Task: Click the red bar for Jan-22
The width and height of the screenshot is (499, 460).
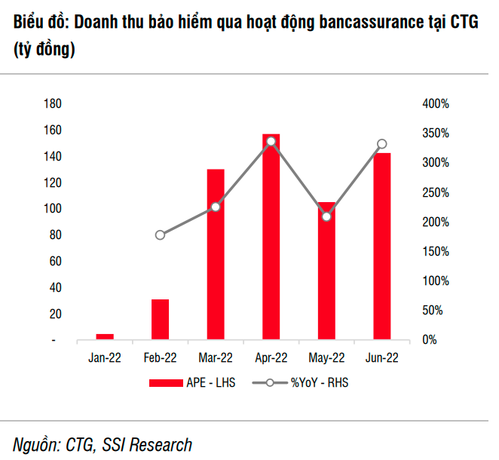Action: [x=105, y=337]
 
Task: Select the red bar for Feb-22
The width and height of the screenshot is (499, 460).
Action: [x=160, y=320]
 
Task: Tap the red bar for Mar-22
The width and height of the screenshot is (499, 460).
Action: [x=216, y=255]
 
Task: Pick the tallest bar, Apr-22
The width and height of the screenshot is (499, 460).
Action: [x=271, y=238]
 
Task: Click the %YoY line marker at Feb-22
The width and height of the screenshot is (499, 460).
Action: [x=160, y=235]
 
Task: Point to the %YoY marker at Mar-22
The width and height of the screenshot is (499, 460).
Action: [x=216, y=207]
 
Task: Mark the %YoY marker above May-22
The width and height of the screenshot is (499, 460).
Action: [x=326, y=216]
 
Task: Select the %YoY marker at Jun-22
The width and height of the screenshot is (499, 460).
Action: [x=382, y=144]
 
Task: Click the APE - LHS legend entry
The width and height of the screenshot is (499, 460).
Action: [x=192, y=382]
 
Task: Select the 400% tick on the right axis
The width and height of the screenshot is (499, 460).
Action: [x=436, y=104]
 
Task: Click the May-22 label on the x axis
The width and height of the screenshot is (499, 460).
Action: [x=326, y=358]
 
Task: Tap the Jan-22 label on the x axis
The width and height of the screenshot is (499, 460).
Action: [x=105, y=358]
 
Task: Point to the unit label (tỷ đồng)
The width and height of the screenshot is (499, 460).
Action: [x=44, y=51]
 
